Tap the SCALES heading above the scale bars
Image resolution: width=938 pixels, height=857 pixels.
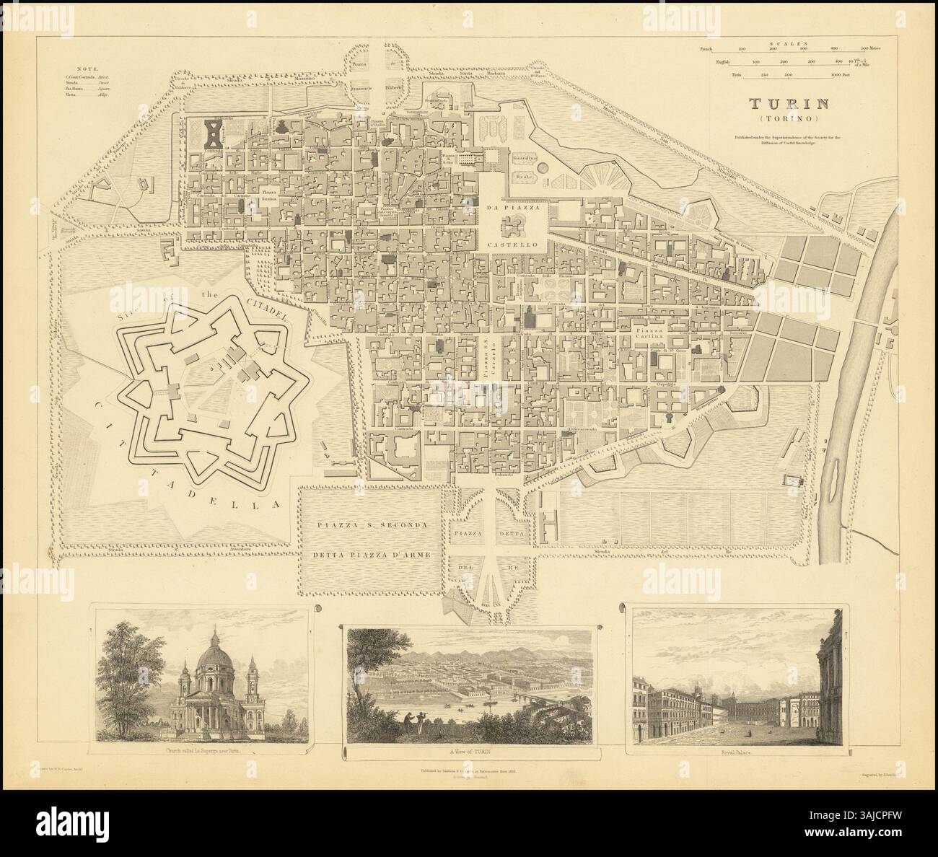click(787, 43)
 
